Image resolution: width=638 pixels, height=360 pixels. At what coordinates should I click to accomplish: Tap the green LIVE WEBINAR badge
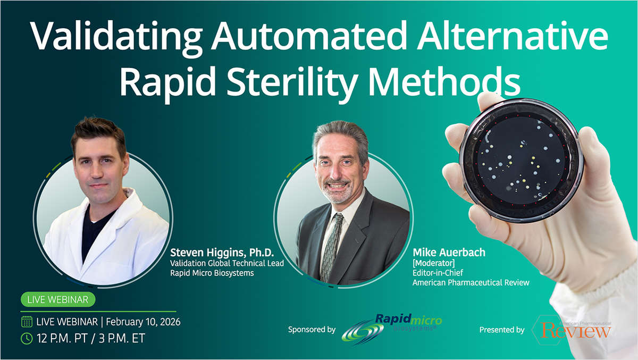coord(58,299)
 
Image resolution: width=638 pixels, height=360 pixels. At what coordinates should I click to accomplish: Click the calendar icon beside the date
coord(27,322)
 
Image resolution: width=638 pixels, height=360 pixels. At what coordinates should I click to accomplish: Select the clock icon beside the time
coord(27,338)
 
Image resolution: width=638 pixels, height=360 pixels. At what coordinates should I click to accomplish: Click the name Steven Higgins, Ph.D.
coord(222,252)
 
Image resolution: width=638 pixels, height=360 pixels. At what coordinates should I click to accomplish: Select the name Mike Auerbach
coord(449,252)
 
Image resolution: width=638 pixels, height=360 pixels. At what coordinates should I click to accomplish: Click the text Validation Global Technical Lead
coord(227,263)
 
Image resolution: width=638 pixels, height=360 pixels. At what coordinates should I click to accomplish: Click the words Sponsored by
coord(312,330)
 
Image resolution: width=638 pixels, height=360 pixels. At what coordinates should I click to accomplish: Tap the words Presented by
coord(501,330)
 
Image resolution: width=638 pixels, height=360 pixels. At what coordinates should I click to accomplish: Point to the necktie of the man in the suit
coord(333,244)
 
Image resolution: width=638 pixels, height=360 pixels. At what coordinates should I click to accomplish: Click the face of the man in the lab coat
coord(98,165)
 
